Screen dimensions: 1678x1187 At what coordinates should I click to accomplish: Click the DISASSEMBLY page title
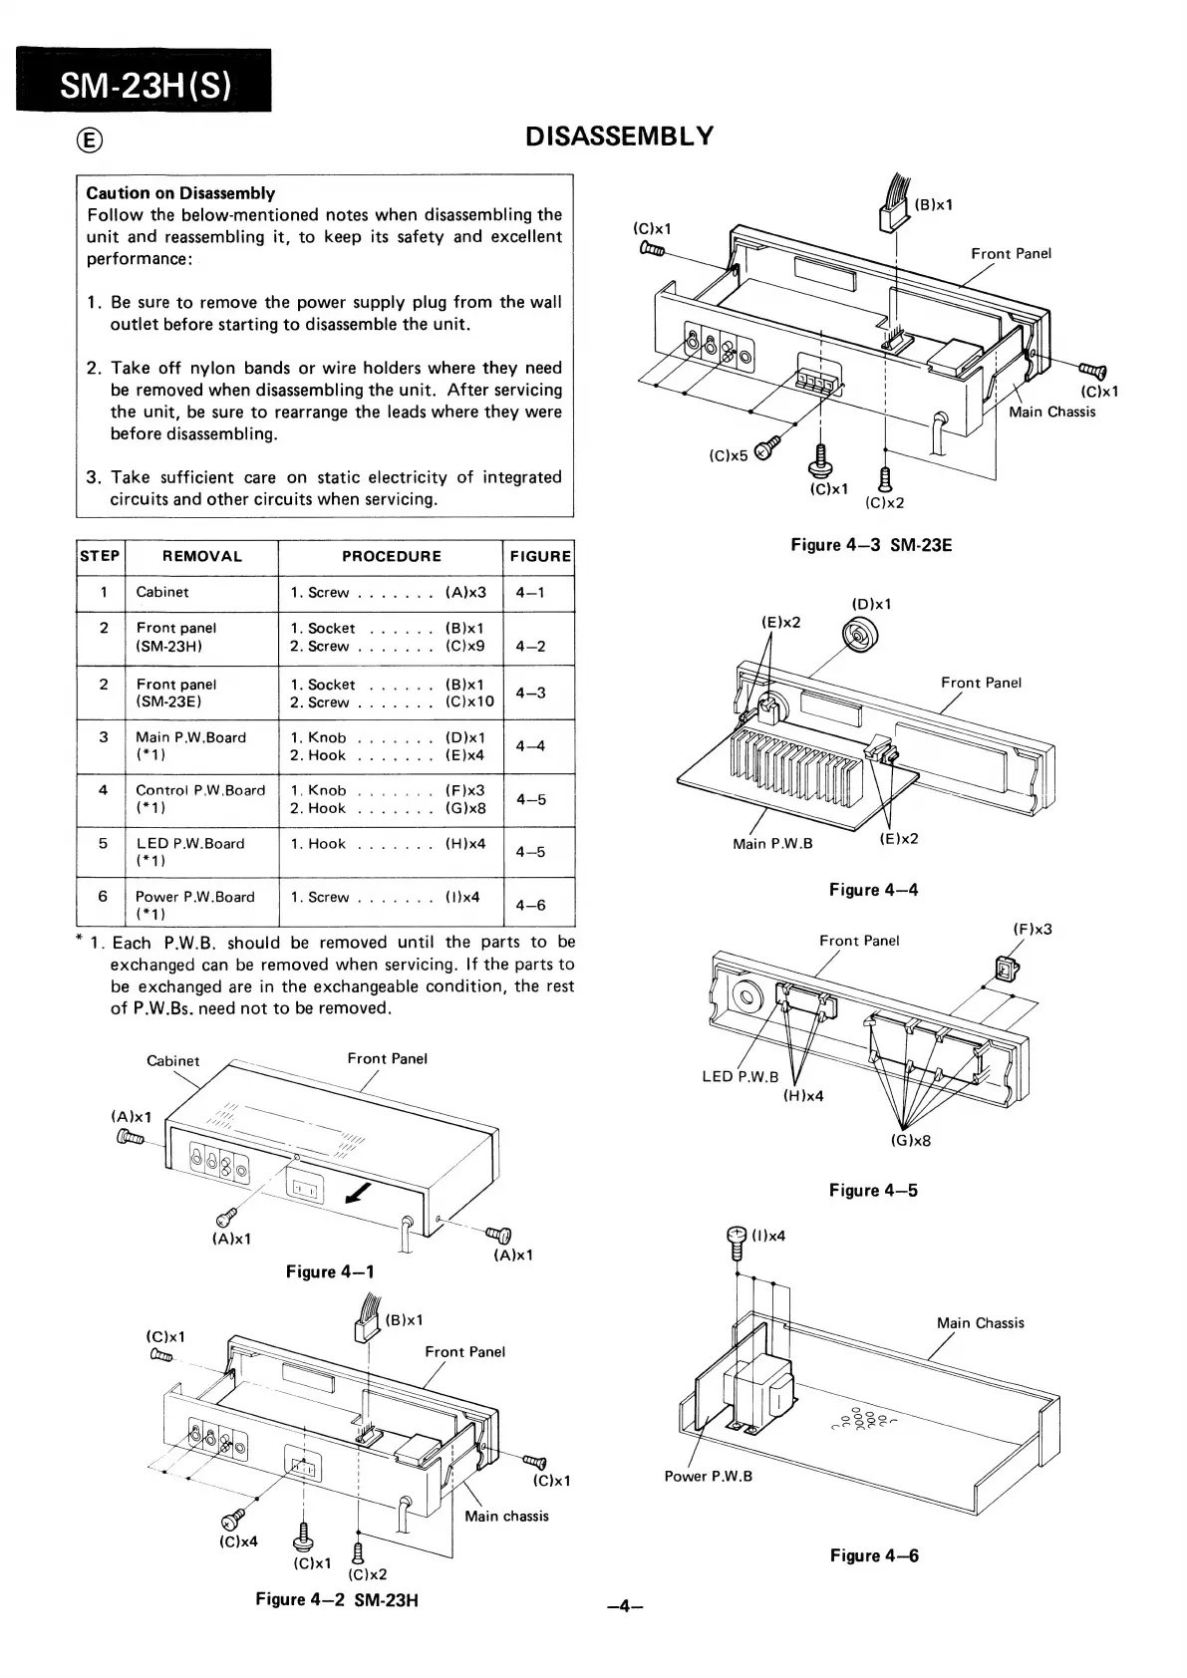click(619, 137)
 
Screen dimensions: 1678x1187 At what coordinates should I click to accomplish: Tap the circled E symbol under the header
click(90, 140)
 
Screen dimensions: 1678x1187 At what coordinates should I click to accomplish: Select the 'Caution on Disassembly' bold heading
click(180, 193)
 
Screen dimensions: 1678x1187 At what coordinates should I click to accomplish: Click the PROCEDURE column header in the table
click(391, 556)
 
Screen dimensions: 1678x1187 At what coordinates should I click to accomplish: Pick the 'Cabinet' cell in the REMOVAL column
click(162, 592)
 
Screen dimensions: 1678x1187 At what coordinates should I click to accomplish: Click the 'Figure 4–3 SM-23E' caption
click(871, 545)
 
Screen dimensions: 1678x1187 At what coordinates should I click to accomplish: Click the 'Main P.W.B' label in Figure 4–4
click(772, 844)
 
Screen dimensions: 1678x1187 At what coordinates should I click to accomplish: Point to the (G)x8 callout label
click(911, 1141)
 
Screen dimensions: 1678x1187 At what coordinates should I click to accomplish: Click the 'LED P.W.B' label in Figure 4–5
click(740, 1076)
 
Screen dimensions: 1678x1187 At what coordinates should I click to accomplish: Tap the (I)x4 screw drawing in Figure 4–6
click(739, 1242)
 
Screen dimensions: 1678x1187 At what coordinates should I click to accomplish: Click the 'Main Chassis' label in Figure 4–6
click(980, 1323)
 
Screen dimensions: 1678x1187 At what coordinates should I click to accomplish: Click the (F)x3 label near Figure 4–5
click(1032, 930)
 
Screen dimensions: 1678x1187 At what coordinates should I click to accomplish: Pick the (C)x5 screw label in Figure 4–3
click(728, 456)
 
